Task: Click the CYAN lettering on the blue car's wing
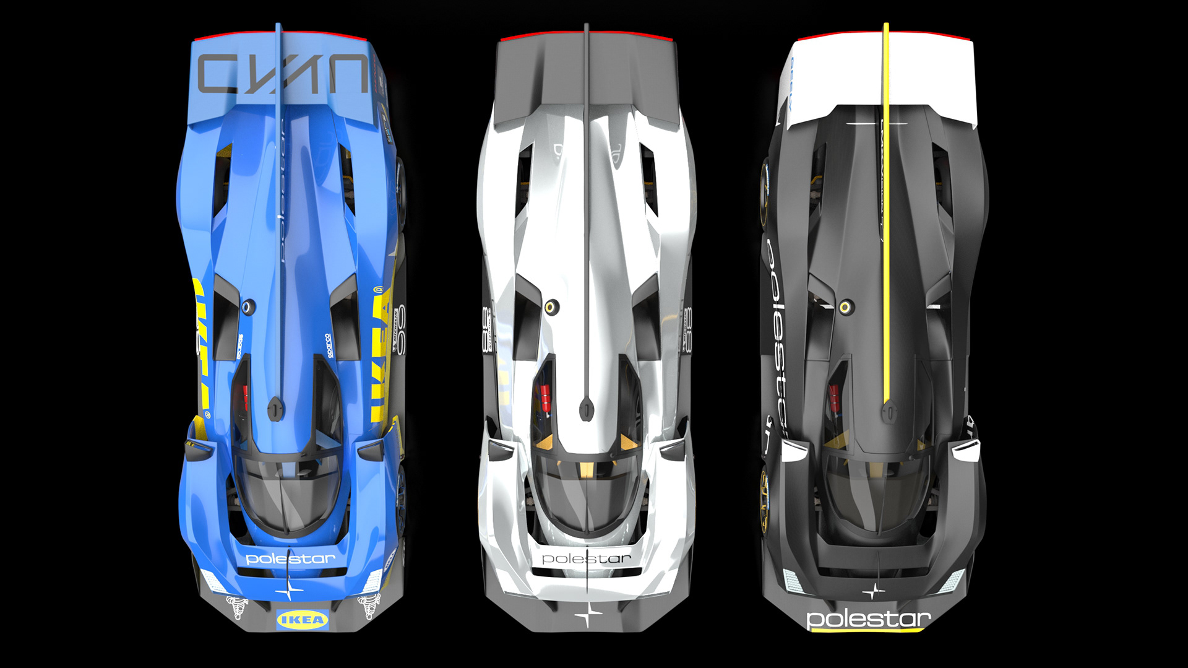[282, 74]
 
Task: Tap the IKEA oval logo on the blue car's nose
[302, 619]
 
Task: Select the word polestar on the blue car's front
[290, 559]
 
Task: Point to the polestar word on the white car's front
[586, 559]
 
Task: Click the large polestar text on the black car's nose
[868, 618]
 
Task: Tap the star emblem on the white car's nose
[587, 615]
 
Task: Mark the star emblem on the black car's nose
[873, 592]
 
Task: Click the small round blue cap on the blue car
[248, 306]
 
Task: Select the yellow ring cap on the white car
[550, 307]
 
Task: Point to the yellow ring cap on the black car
[845, 307]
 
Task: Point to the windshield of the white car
[585, 495]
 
